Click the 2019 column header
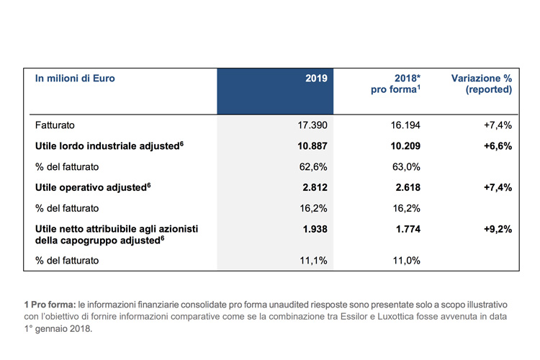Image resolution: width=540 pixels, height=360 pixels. pos(316,78)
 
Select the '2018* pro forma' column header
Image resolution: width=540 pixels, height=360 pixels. pos(395,84)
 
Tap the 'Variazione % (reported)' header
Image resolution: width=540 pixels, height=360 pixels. pos(482,84)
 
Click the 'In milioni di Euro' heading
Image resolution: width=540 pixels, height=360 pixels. pos(75,78)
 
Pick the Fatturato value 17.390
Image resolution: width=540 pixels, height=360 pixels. pos(312,125)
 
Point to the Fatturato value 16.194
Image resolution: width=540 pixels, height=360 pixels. pos(405,125)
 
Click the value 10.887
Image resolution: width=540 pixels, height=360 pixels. pos(312,146)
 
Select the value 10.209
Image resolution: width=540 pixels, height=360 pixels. pos(405,146)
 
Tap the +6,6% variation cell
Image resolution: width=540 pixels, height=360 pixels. pos(498,146)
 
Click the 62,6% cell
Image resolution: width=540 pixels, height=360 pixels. pos(313,167)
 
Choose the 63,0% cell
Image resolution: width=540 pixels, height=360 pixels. pos(406,167)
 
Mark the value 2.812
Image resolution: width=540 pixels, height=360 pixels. pos(315,187)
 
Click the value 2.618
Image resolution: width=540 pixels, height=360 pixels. pos(408,187)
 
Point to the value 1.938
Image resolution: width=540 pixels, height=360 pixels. pos(315,229)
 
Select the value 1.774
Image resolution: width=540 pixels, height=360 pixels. pos(408,229)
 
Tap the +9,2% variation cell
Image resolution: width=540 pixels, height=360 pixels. pos(498,229)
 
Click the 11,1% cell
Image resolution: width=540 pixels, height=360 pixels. pos(313,261)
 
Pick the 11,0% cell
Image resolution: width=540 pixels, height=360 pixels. pos(407,261)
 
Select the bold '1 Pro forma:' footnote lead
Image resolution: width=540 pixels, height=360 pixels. pos(50,305)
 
